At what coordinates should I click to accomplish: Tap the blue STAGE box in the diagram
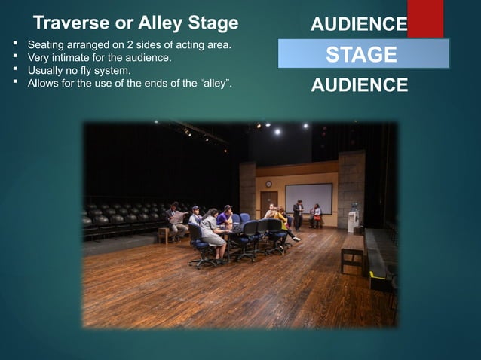[363, 54]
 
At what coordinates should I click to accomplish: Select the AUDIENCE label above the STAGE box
[359, 25]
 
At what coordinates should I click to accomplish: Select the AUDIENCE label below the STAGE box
[359, 84]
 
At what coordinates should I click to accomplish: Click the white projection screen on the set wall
[308, 198]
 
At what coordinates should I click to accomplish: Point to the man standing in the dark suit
[299, 214]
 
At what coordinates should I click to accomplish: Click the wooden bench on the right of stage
[351, 252]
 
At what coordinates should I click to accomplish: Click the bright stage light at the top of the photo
[277, 131]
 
